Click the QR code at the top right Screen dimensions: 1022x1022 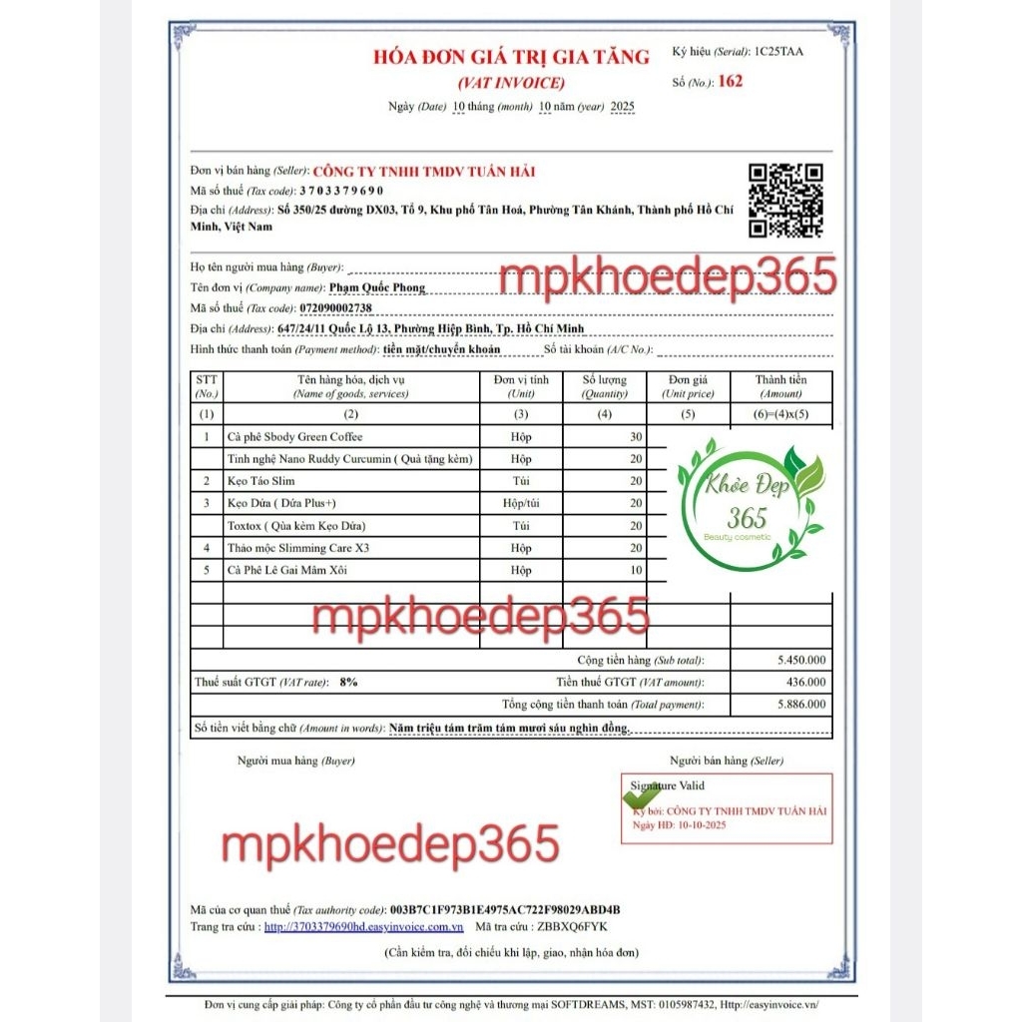786,201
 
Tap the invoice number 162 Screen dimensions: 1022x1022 731,82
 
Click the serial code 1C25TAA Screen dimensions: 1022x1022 778,50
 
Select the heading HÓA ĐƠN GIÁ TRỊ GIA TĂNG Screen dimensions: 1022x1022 511,57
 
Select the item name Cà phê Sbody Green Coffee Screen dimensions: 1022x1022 295,437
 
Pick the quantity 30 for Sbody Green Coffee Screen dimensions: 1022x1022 635,437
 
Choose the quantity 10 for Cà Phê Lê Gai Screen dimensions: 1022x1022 635,570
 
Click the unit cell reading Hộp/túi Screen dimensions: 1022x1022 521,503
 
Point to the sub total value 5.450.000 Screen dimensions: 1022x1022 800,661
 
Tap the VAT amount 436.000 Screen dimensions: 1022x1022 806,683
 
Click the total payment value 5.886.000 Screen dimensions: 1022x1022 800,705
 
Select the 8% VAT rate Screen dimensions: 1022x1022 348,683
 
